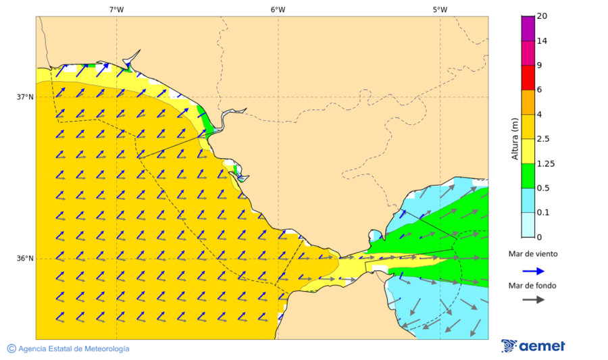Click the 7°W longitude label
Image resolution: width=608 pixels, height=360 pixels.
pos(116,9)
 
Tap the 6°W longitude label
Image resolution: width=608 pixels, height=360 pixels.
pos(278,9)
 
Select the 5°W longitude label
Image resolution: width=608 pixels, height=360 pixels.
pos(440,9)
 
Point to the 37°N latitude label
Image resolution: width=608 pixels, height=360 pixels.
pos(25,97)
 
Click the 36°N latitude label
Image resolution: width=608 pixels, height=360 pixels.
pos(25,259)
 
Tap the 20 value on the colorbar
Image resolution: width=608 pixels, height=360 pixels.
pos(542,16)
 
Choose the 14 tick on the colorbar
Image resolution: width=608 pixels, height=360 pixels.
pos(542,41)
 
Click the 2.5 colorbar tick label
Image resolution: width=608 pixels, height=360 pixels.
pos(543,138)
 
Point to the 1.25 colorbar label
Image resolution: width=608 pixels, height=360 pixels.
pos(545,163)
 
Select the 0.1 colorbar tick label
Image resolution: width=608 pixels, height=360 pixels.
pos(543,212)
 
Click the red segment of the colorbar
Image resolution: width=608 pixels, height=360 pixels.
pos(528,77)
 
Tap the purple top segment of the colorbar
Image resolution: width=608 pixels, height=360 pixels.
pos(528,28)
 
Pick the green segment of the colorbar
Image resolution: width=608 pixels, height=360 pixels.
pos(528,175)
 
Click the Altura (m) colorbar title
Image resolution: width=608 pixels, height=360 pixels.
pos(515,138)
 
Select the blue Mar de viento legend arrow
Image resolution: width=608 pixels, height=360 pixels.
pos(534,271)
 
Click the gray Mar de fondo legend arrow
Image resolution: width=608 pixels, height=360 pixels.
pos(534,299)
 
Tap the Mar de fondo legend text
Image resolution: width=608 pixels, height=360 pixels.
pos(533,286)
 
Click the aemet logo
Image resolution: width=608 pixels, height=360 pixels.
pos(533,346)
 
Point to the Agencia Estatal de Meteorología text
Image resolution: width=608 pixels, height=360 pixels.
pos(74,349)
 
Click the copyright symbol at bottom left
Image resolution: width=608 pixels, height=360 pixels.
pos(11,349)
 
